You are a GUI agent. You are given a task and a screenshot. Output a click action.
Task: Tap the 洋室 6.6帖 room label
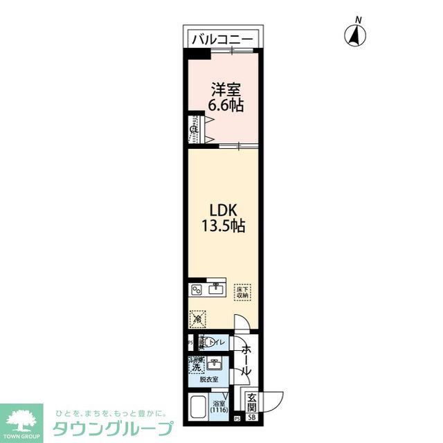pos(226,98)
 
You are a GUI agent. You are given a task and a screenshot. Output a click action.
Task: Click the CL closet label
pos(195,129)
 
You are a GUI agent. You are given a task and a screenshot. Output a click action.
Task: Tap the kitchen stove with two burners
pos(197,289)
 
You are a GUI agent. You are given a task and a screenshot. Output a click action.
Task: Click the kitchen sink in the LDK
pos(215,288)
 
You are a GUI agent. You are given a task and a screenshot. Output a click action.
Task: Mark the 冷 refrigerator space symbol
pos(198,319)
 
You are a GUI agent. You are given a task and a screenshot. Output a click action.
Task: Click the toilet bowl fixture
pos(201,342)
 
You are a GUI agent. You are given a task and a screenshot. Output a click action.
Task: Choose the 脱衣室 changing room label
pos(209,380)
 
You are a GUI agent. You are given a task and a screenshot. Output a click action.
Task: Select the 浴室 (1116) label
pos(219,408)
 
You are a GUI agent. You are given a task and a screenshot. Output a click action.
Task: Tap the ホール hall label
pos(246,361)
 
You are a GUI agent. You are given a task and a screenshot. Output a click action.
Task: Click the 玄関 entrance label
pos(252,401)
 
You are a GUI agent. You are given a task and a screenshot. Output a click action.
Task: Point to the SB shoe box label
pos(252,417)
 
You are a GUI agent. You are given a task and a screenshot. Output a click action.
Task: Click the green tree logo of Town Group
pos(22,418)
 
